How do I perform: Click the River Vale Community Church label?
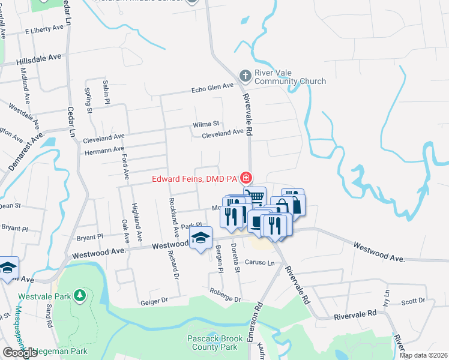290,77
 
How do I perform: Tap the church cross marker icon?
245,76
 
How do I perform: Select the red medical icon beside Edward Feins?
246,178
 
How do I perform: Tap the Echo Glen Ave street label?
212,88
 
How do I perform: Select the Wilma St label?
204,125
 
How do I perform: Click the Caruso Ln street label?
260,263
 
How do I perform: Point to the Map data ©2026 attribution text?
423,355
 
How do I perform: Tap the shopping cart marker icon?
255,196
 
